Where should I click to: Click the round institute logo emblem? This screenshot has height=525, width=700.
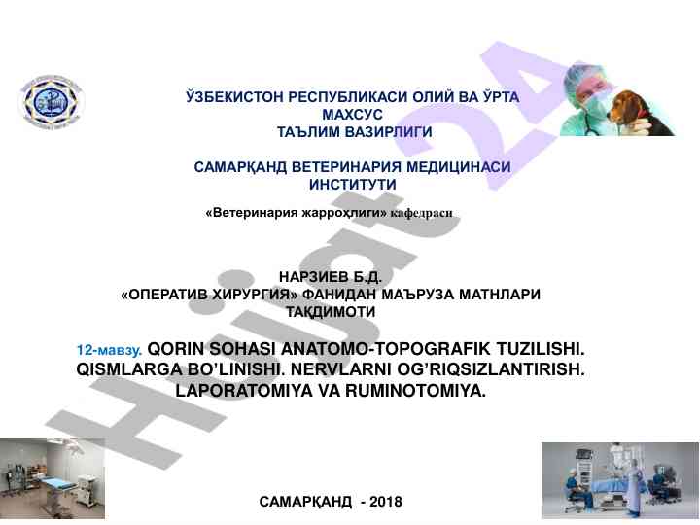[52, 102]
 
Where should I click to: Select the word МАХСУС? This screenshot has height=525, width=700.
[352, 115]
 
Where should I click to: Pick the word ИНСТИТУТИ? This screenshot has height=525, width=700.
[353, 185]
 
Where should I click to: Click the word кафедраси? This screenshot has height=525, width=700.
[421, 213]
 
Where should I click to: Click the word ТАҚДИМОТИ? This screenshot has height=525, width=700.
[331, 312]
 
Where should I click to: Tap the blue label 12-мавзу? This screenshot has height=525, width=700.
[109, 350]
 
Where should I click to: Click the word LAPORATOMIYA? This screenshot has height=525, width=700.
[244, 391]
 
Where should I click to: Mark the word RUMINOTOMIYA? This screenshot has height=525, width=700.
[415, 391]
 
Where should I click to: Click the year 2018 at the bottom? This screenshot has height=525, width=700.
[386, 502]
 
